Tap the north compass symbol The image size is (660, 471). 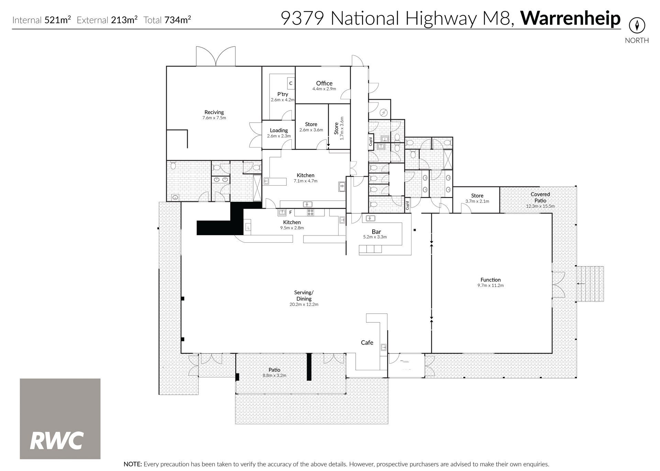[x=637, y=25]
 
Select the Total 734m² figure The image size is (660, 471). [x=167, y=20]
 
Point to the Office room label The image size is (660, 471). [x=324, y=83]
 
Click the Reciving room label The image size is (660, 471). [x=214, y=112]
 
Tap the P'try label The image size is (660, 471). [x=283, y=94]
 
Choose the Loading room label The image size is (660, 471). [x=279, y=130]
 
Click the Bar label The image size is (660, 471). [x=376, y=232]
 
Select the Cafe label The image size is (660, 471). [x=367, y=342]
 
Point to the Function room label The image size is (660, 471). [x=491, y=280]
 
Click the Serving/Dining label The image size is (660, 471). [x=304, y=296]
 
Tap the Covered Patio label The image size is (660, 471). [x=540, y=197]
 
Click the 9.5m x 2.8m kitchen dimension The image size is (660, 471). [x=292, y=228]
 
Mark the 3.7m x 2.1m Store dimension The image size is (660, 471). [x=477, y=201]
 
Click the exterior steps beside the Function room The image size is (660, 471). [x=590, y=284]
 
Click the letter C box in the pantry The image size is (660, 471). [x=291, y=83]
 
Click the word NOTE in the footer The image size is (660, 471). [x=133, y=464]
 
